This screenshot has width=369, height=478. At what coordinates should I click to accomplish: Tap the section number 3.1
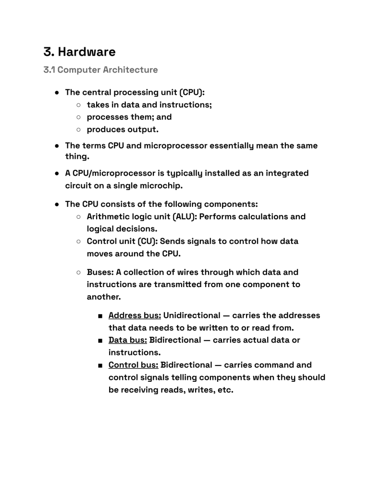pos(49,70)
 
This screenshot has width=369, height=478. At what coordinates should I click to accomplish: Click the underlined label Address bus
pos(135,316)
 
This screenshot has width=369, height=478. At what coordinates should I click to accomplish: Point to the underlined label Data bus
pos(128,340)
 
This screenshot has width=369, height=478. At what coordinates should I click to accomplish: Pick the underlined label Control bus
pos(134,365)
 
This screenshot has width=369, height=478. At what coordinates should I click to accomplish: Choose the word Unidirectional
pos(193,316)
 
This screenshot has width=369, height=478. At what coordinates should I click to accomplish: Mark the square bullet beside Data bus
pos(99,340)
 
